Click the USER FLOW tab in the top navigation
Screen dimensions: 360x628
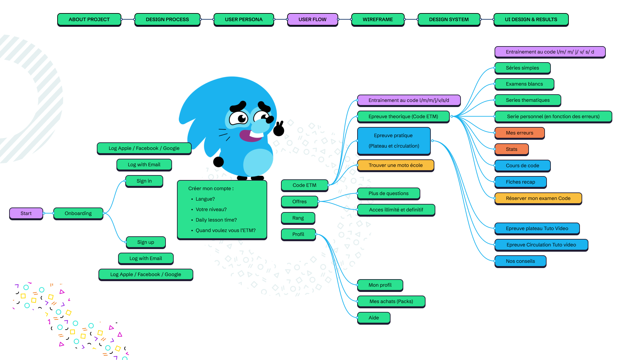(312, 19)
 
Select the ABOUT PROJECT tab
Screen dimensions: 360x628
(89, 19)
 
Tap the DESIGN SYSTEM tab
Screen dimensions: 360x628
(449, 19)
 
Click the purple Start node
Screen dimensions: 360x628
(26, 213)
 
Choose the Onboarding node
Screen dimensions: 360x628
(78, 213)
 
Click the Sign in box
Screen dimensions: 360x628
(144, 181)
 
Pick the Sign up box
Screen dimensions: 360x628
(146, 242)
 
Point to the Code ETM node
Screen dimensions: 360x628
(304, 185)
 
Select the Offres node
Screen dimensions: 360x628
(299, 202)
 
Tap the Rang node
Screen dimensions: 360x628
(298, 218)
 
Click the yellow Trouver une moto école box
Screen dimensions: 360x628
(395, 165)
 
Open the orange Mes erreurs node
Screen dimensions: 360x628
(519, 133)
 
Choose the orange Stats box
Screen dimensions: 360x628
(512, 149)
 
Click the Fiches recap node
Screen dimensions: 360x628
(520, 182)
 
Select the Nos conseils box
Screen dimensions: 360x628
(520, 261)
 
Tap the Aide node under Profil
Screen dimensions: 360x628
(374, 318)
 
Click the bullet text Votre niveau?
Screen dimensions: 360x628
(211, 209)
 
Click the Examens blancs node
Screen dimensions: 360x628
(524, 84)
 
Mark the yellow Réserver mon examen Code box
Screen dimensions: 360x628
(538, 198)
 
